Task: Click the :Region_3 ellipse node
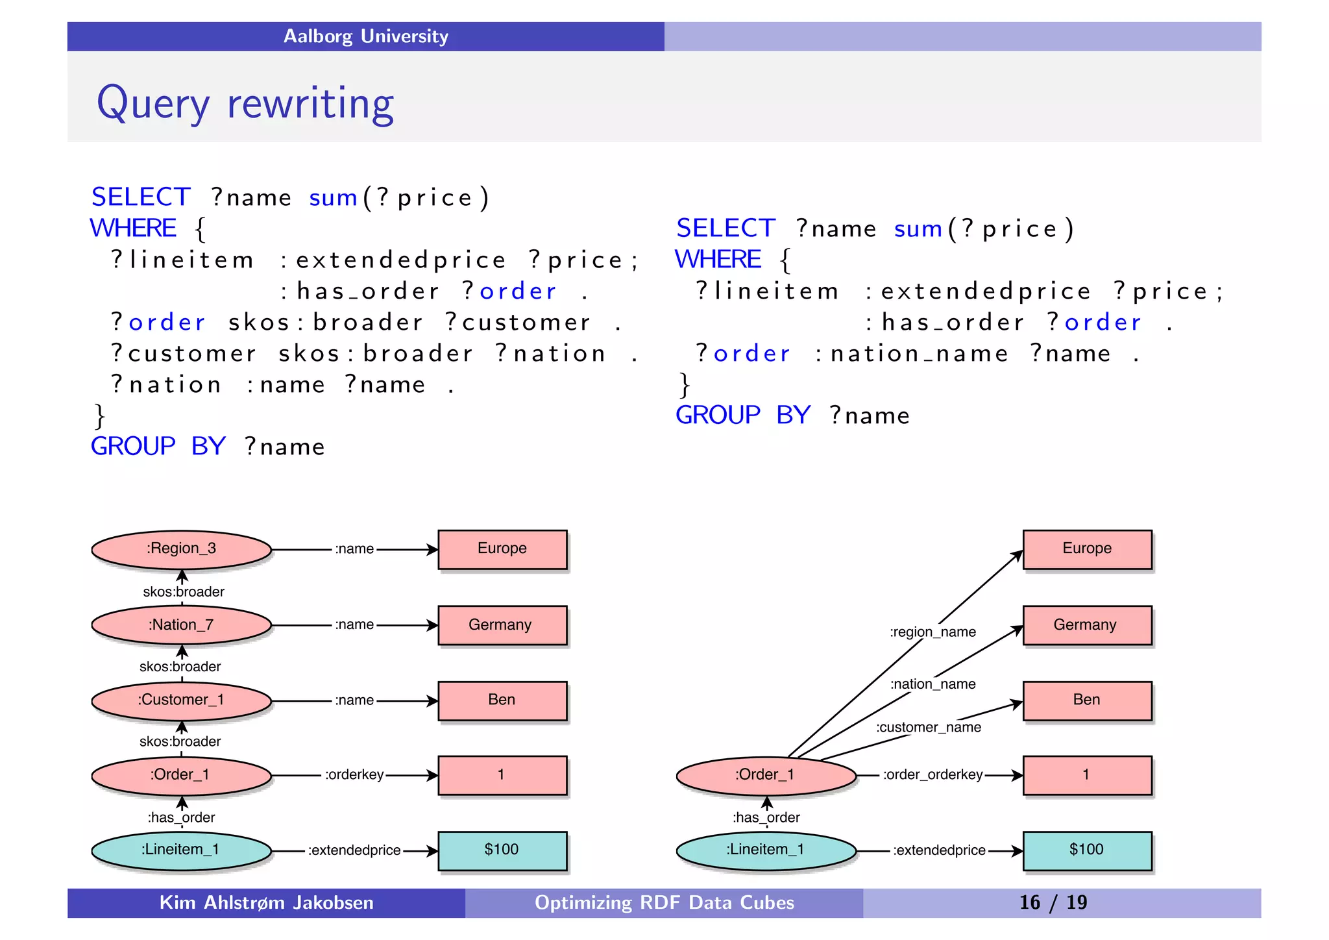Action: (x=181, y=549)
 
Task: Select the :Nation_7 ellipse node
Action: (x=181, y=625)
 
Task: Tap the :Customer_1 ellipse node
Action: (x=181, y=700)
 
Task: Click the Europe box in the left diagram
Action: (x=502, y=549)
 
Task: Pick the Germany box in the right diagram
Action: (x=1087, y=625)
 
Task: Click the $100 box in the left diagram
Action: (x=502, y=850)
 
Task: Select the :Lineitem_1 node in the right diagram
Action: (x=766, y=850)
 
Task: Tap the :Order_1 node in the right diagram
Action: (x=766, y=775)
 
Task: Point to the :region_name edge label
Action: (x=933, y=632)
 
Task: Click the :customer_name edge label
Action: (x=929, y=728)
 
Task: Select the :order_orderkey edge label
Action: (x=933, y=775)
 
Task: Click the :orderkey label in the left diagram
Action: (x=354, y=775)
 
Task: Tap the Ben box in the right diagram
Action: (x=1087, y=700)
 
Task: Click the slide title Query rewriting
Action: (x=245, y=103)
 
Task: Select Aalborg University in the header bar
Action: (x=365, y=36)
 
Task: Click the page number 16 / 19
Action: (x=1053, y=903)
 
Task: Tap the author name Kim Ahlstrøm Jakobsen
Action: (x=266, y=903)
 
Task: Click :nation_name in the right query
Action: (x=912, y=354)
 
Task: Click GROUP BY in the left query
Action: (x=158, y=447)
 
